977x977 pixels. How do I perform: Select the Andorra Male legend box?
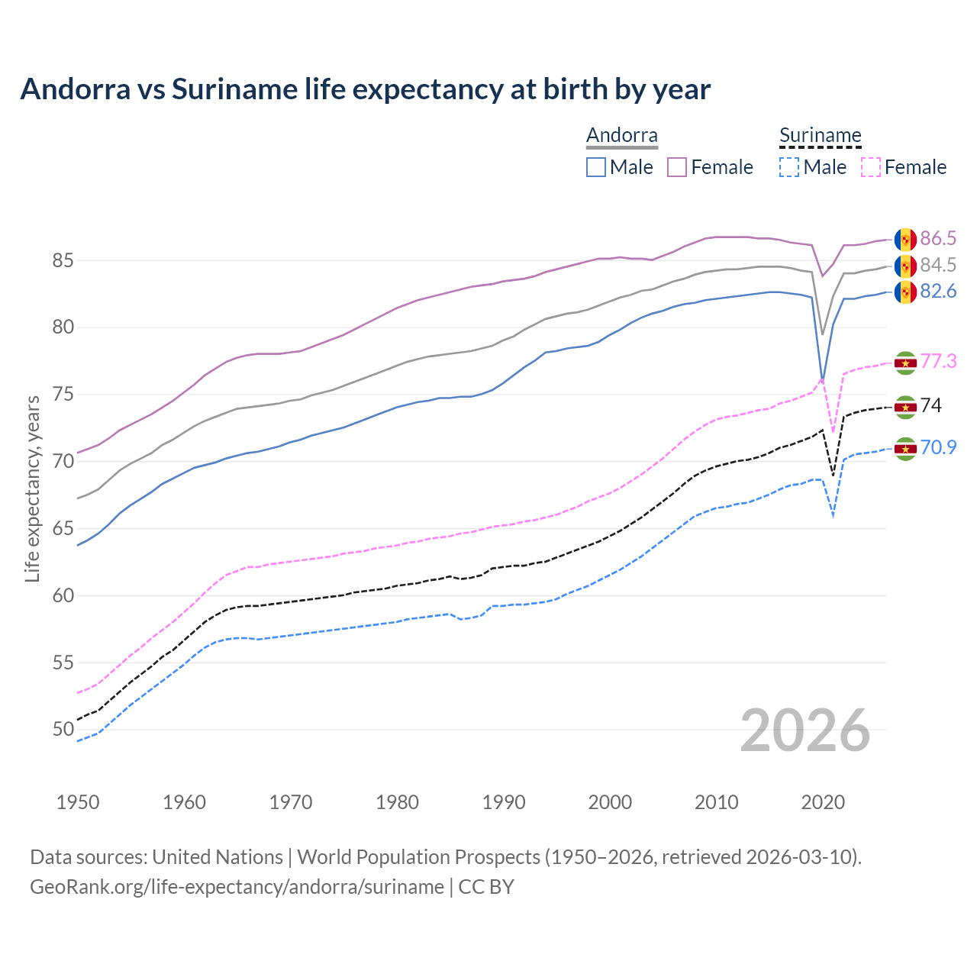point(596,167)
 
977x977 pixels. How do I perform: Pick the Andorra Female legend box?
point(677,167)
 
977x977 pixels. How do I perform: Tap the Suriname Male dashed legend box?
point(789,167)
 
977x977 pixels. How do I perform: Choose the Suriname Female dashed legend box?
point(870,167)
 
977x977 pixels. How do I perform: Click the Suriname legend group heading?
point(820,136)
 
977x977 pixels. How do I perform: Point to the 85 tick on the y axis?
point(63,261)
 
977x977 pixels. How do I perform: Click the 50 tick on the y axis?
point(63,730)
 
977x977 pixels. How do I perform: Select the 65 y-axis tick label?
point(63,529)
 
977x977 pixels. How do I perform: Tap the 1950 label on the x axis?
point(78,802)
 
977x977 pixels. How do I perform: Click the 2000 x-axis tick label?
point(610,802)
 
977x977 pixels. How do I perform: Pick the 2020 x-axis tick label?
point(823,802)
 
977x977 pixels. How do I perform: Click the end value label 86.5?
point(938,239)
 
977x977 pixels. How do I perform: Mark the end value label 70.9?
point(938,447)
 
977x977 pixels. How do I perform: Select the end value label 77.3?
point(938,361)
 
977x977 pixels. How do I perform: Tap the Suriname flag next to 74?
point(905,407)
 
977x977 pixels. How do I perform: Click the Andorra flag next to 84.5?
point(905,266)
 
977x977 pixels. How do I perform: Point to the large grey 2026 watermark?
point(805,730)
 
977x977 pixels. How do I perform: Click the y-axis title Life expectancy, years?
point(32,488)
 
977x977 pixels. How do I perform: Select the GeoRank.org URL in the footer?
point(237,887)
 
